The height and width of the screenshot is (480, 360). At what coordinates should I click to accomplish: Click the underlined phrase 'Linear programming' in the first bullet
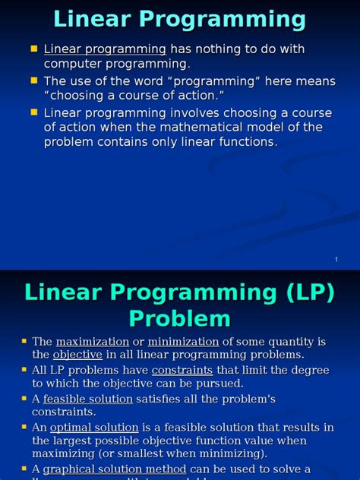(105, 49)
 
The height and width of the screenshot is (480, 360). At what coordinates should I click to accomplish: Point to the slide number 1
(335, 261)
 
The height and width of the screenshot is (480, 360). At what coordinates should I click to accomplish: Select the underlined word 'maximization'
(92, 342)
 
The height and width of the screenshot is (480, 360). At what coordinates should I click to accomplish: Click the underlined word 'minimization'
(183, 342)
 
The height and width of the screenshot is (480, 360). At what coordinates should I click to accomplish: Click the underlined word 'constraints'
(182, 370)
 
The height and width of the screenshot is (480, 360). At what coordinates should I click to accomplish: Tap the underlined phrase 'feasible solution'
(88, 399)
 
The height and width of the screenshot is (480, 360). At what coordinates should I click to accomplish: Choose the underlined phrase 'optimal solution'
(94, 428)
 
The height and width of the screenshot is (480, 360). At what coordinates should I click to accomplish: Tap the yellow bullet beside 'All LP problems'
(24, 370)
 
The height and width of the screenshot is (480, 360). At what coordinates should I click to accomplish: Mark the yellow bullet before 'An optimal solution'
(24, 427)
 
